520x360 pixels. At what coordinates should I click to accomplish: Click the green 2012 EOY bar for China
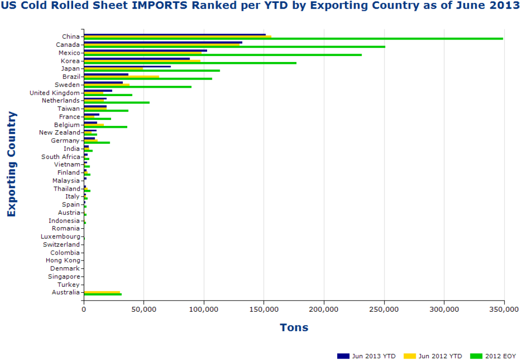[292, 39]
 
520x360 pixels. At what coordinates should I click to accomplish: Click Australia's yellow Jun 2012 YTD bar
[102, 292]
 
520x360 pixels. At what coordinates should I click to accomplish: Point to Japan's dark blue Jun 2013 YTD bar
[127, 66]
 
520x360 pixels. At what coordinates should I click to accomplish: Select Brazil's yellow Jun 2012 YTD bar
[121, 77]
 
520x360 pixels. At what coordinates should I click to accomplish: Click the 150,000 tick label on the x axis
[264, 309]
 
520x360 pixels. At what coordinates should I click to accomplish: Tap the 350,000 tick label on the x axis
[504, 309]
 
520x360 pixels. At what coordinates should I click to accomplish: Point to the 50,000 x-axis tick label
[144, 309]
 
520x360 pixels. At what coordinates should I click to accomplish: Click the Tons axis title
[294, 327]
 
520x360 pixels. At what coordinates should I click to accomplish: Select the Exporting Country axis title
[12, 164]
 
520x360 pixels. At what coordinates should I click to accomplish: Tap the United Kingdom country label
[55, 93]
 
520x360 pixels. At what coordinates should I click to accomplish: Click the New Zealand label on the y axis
[59, 133]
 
